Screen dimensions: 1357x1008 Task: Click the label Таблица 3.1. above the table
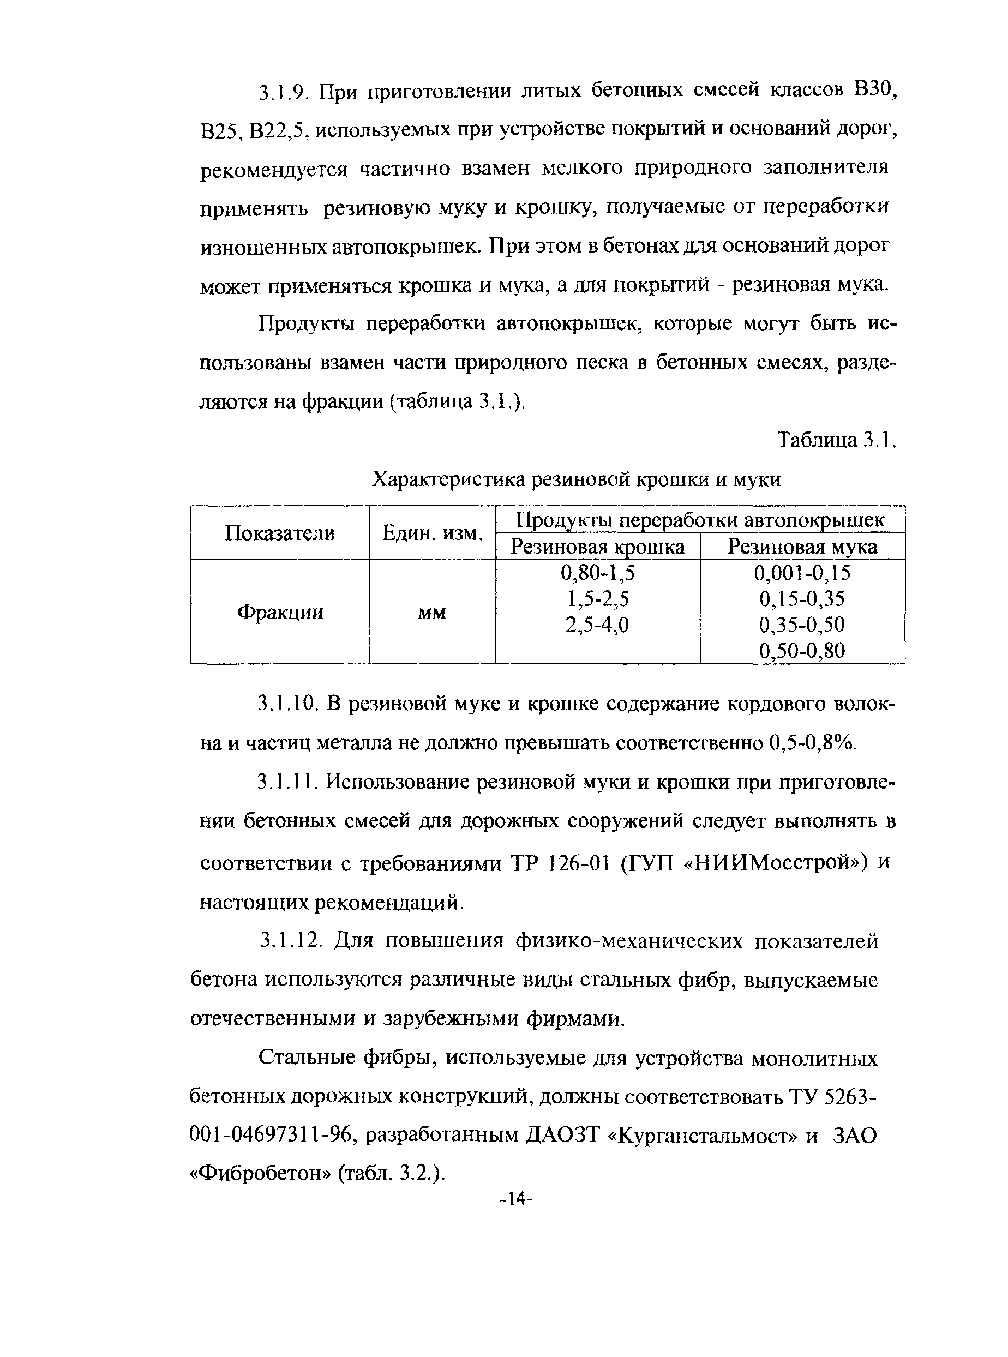click(x=837, y=440)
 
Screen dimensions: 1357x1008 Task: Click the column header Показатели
click(x=279, y=533)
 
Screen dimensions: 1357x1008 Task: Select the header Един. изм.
click(x=433, y=533)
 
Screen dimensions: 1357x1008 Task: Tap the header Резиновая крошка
click(x=597, y=547)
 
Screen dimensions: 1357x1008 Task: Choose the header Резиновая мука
click(x=802, y=547)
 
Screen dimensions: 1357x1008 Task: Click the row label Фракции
click(x=279, y=611)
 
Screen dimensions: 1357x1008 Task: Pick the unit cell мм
click(x=432, y=612)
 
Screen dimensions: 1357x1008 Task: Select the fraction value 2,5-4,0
click(x=597, y=625)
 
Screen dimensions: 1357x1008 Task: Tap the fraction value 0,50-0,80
click(x=802, y=651)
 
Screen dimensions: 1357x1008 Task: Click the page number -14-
click(x=516, y=1199)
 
